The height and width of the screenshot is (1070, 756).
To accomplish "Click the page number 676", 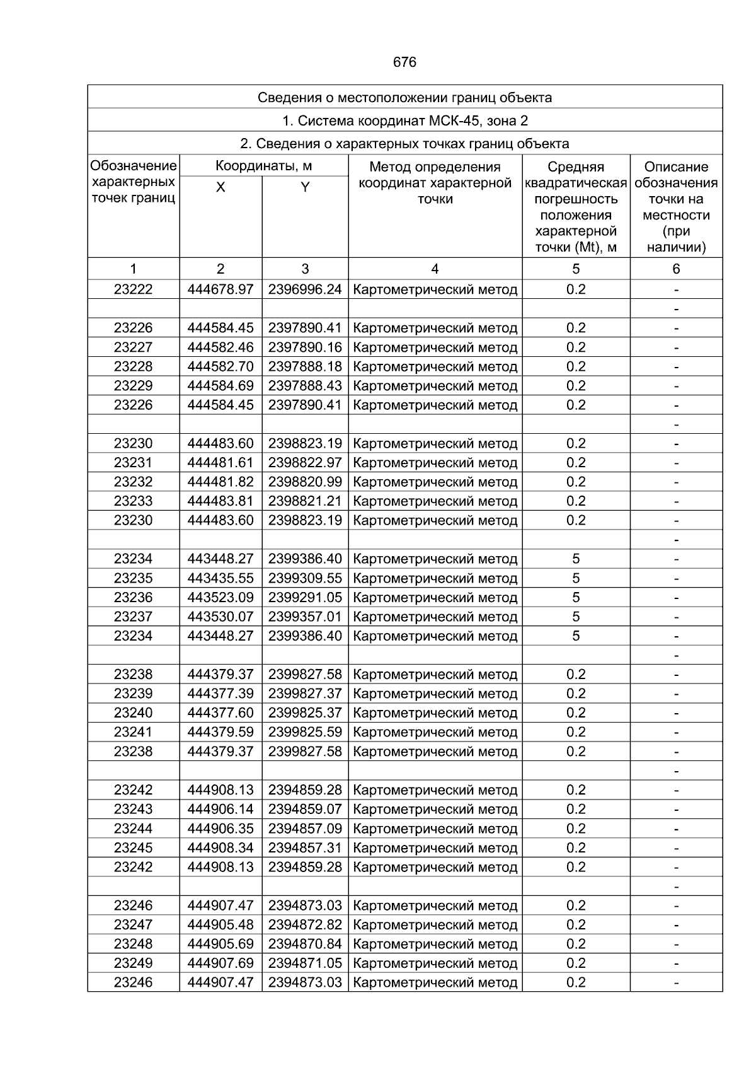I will pos(404,62).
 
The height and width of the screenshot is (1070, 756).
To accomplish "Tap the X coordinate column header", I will pos(220,187).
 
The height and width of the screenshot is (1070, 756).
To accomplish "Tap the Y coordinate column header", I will pos(305,187).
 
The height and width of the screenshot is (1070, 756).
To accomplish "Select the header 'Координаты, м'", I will pos(263,166).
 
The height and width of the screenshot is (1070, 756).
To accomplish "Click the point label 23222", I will pos(133,289).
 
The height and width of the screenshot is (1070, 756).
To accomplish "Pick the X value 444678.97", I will pos(220,289).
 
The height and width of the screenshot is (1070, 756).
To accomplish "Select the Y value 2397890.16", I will pos(305,347).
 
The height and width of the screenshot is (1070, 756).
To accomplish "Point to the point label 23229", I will pos(133,386).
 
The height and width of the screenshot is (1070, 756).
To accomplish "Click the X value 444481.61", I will pos(220,463).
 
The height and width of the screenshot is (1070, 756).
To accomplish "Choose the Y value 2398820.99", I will pos(305,482).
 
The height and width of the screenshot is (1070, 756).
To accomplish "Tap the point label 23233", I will pos(133,501).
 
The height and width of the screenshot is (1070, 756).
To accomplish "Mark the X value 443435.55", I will pos(220,578).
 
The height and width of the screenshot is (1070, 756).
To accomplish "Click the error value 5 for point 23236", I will pos(576,597).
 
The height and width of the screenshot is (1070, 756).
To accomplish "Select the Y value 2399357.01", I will pos(305,617).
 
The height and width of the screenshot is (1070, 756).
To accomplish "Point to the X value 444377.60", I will pos(220,713).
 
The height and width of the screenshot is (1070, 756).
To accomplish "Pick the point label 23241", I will pos(133,732).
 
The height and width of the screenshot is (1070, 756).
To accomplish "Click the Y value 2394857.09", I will pos(305,829).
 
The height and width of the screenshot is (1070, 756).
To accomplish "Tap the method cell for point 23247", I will pos(435,925).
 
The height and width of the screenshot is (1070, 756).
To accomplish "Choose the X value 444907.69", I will pos(220,963).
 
